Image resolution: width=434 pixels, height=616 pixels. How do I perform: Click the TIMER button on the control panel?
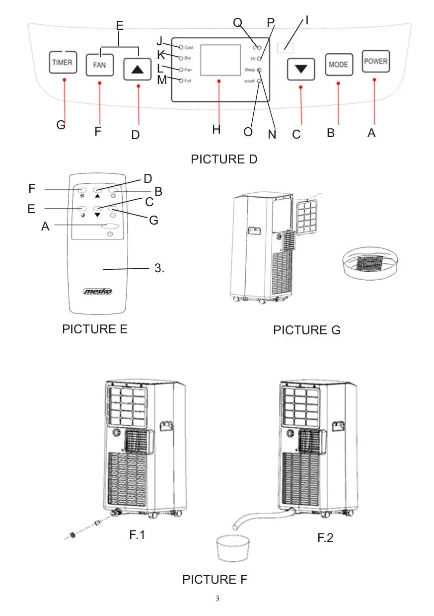pyautogui.click(x=62, y=63)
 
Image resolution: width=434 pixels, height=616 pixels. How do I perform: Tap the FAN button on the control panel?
pyautogui.click(x=99, y=65)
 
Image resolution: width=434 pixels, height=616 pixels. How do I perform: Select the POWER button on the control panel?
pyautogui.click(x=375, y=62)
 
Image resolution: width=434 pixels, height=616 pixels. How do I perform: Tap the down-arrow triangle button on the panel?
pyautogui.click(x=300, y=69)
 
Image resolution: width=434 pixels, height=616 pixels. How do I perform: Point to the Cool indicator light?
pyautogui.click(x=181, y=47)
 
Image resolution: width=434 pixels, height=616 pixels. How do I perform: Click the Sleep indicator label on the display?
pyautogui.click(x=249, y=70)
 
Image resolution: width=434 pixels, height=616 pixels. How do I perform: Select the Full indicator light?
pyautogui.click(x=181, y=80)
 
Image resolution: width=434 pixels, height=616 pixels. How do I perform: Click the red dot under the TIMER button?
pyautogui.click(x=64, y=80)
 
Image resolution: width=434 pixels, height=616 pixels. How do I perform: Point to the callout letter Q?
pyautogui.click(x=237, y=23)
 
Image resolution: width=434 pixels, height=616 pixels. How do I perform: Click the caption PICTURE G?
pyautogui.click(x=306, y=330)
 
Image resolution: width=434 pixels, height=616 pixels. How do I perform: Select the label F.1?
pyautogui.click(x=140, y=535)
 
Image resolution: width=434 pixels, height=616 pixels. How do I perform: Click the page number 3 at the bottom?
pyautogui.click(x=217, y=598)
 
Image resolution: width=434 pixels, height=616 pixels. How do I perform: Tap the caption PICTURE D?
pyautogui.click(x=224, y=159)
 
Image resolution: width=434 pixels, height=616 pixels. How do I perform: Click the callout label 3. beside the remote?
pyautogui.click(x=159, y=269)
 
